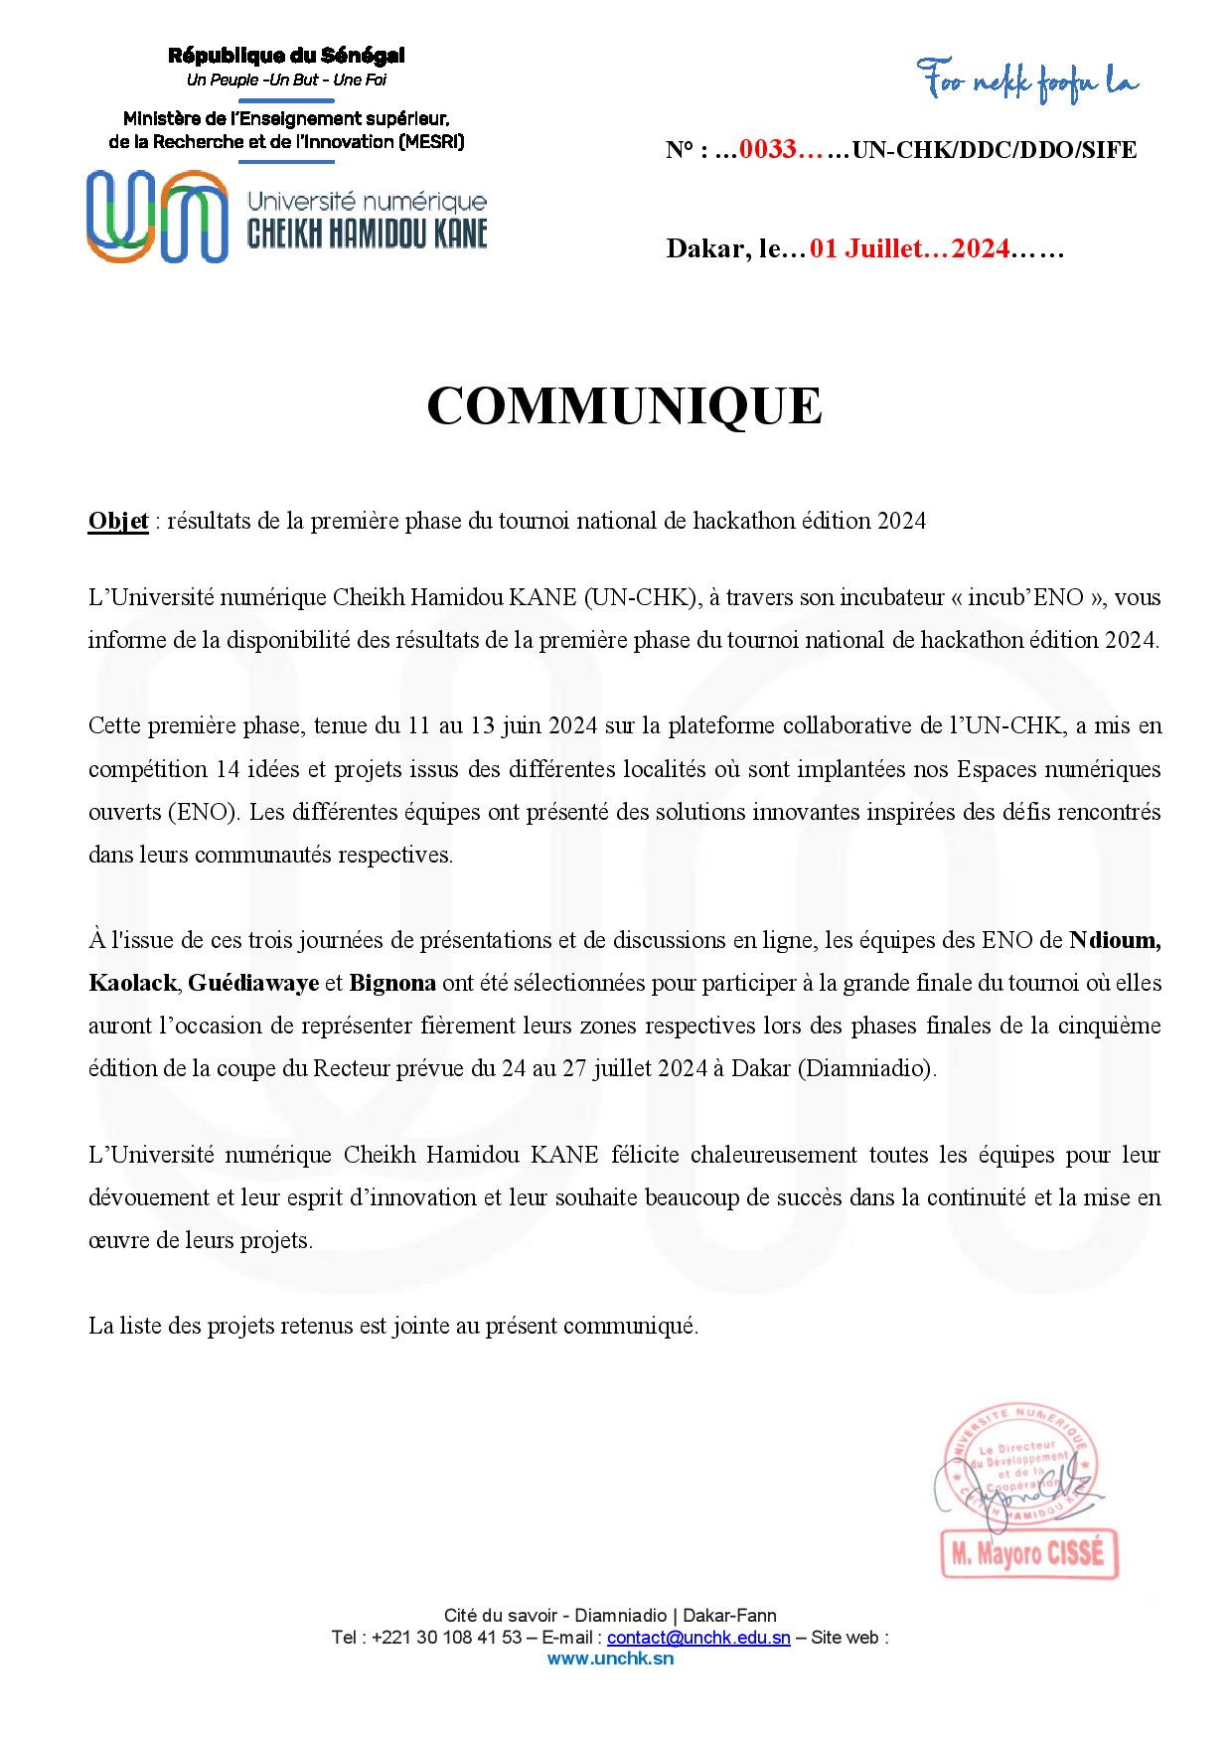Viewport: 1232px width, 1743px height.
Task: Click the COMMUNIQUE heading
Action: point(624,405)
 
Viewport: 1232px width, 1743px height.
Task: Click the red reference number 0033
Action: point(769,151)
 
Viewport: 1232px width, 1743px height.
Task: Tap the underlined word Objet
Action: point(118,521)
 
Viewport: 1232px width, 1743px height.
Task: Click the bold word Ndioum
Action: point(1115,940)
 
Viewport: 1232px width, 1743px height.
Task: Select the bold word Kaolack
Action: point(132,984)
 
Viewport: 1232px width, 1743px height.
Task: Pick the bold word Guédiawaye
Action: point(252,984)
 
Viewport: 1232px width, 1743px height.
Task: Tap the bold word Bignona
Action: point(392,984)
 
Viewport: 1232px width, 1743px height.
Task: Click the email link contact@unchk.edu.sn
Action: point(698,1638)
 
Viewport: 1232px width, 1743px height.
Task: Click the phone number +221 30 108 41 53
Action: point(449,1638)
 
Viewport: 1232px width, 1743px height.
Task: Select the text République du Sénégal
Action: point(286,57)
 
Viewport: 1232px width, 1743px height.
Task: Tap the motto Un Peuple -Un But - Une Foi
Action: point(286,79)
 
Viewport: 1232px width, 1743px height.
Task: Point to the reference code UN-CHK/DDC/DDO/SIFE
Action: point(995,151)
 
